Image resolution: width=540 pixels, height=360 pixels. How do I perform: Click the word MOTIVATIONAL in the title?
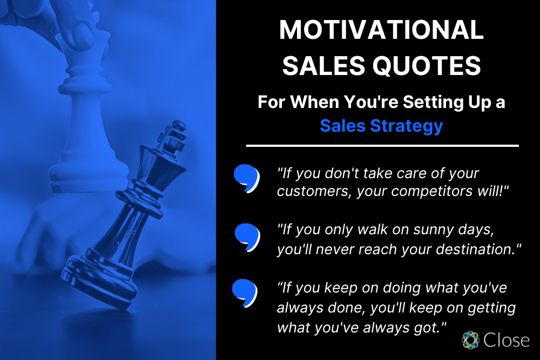381,31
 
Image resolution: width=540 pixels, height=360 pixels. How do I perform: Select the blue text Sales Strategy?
381,125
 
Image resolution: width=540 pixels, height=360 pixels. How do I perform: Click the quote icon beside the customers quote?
246,178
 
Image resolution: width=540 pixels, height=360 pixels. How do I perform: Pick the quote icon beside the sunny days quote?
247,236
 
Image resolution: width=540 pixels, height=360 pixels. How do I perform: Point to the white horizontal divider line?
382,146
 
